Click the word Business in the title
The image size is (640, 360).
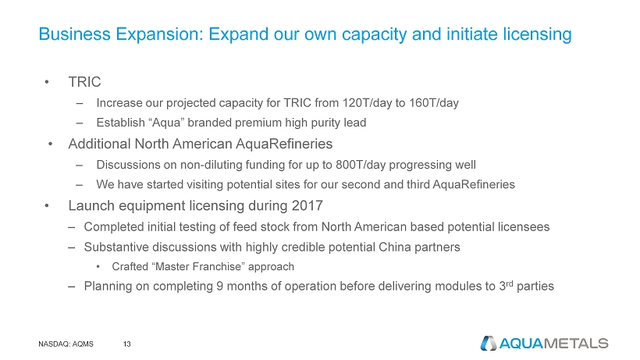click(75, 34)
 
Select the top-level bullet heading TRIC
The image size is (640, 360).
click(84, 82)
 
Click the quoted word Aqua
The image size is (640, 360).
click(167, 123)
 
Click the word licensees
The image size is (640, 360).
click(524, 227)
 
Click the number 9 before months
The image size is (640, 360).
click(219, 286)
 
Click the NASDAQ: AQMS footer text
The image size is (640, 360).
click(66, 344)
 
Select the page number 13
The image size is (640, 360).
click(127, 344)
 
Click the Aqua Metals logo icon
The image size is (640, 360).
click(488, 344)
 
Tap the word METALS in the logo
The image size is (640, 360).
click(576, 344)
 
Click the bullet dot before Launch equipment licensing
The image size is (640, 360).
click(48, 205)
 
